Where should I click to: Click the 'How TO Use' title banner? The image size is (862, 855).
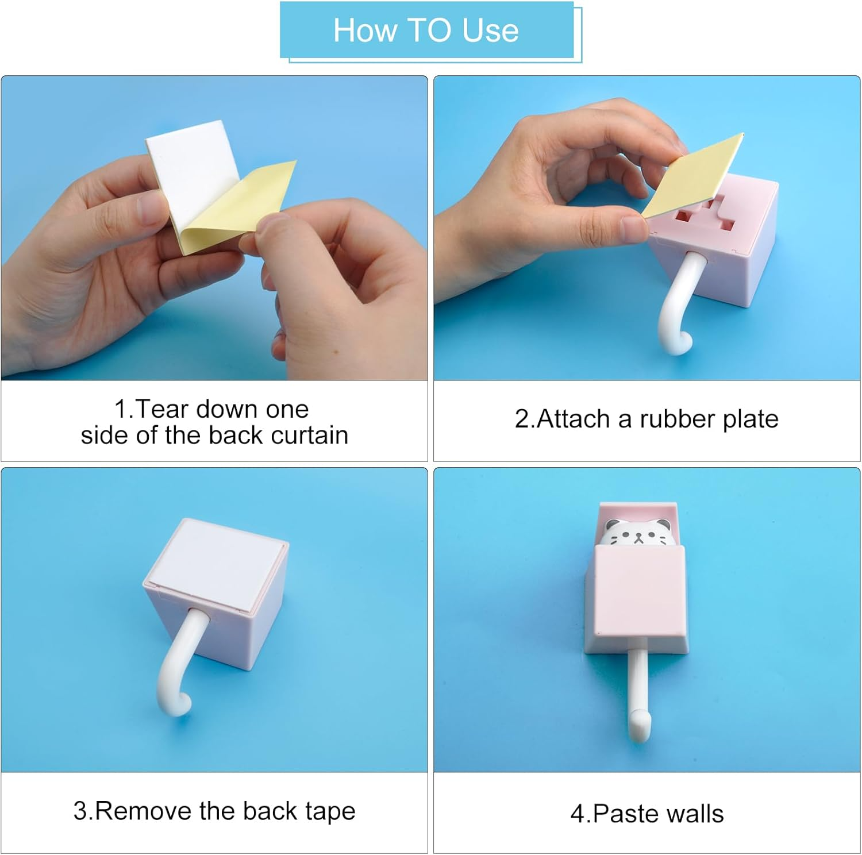(x=427, y=30)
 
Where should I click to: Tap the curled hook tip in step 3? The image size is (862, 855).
(x=176, y=703)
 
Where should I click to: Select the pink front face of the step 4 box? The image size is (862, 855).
(x=640, y=588)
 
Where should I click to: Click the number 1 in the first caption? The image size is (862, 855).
(x=120, y=410)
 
